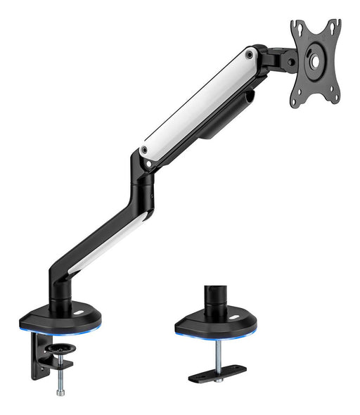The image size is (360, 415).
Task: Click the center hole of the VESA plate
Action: pos(314,61)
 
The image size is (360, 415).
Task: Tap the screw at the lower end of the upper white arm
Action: pos(144,150)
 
